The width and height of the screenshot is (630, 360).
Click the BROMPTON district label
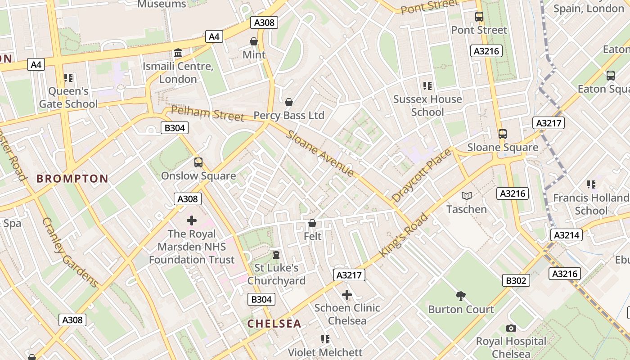72,179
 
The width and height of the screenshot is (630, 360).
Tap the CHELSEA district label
274,324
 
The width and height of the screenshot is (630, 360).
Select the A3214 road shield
566,235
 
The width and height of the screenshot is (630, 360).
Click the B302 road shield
516,280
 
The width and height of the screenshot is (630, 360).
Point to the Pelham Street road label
207,113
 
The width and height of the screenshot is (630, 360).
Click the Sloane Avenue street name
320,153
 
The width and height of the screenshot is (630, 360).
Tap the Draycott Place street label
421,175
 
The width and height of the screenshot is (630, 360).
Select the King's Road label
404,235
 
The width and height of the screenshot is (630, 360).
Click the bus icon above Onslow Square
198,162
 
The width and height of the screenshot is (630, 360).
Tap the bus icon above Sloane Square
502,134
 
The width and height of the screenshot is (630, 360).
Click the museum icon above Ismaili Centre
178,53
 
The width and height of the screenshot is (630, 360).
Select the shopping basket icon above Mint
254,41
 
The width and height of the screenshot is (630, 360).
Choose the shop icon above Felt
312,223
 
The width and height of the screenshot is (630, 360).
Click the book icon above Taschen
467,196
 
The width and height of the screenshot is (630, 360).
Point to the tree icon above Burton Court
460,296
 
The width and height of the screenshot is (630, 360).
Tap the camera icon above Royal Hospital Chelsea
511,328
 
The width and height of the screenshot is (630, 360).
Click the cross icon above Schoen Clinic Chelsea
347,295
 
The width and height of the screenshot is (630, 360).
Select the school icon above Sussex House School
427,85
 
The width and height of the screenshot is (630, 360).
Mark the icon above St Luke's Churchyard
276,255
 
